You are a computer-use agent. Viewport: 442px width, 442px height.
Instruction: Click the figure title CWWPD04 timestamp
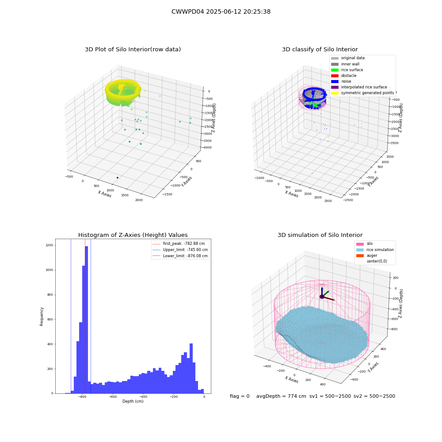(x=221, y=11)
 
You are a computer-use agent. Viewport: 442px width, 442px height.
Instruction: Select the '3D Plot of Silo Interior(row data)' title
(x=133, y=50)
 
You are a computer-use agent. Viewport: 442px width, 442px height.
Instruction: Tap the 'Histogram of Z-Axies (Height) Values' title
(x=133, y=235)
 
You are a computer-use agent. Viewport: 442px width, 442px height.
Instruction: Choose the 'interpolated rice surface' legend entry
(x=359, y=87)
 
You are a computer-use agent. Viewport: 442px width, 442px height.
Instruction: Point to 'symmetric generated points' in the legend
(x=362, y=93)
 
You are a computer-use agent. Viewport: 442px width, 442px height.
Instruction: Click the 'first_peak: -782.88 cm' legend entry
(x=179, y=244)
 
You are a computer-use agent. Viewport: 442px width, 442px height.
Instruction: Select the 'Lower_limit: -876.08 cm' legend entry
(x=180, y=256)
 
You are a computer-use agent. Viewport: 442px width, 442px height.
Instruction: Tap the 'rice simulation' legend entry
(x=375, y=250)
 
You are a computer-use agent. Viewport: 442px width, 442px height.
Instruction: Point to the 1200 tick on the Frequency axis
(x=50, y=245)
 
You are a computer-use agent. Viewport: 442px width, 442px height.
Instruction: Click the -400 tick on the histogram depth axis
(x=143, y=396)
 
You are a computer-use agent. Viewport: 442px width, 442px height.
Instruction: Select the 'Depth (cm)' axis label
(x=133, y=401)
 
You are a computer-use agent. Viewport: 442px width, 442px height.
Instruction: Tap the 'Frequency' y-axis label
(x=42, y=316)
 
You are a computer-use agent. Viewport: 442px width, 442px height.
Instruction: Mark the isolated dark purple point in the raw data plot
(x=118, y=178)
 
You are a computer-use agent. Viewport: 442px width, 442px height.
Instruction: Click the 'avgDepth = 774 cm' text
(x=281, y=396)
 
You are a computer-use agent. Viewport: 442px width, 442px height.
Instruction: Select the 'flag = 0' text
(x=240, y=396)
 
